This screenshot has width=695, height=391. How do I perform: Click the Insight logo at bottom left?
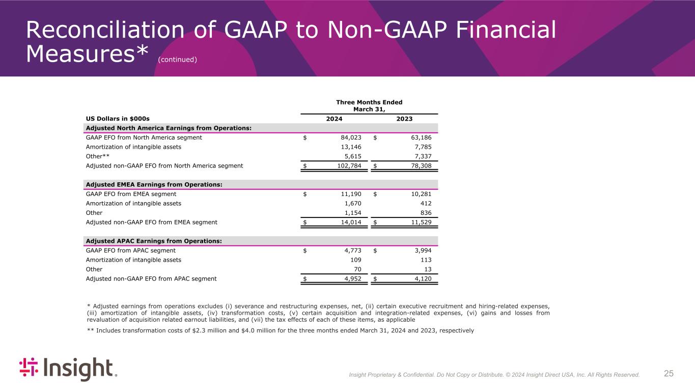tap(68, 369)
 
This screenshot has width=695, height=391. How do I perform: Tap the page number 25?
tap(669, 374)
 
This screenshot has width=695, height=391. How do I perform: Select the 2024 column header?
tap(334, 119)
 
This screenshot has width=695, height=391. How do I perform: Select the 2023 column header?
tap(404, 119)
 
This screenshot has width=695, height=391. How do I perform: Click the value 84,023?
tap(351, 137)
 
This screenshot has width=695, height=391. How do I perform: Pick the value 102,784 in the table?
tap(349, 165)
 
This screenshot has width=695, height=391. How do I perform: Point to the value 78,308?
tap(421, 165)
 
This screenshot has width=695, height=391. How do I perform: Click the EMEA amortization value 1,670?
tap(352, 203)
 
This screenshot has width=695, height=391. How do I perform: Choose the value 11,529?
tap(421, 222)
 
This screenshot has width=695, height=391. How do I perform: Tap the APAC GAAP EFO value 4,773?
tap(352, 250)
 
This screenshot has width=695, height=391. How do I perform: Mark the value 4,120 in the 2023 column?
tap(423, 278)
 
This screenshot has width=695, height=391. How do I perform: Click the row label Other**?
tap(98, 156)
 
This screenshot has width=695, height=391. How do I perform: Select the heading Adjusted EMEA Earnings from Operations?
tap(154, 184)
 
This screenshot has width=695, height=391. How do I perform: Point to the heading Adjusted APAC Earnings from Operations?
tap(154, 241)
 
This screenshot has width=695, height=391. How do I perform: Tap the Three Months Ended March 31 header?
tap(369, 105)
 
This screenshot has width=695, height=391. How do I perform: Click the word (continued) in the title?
tap(177, 60)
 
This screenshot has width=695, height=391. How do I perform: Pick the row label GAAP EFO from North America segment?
tap(144, 137)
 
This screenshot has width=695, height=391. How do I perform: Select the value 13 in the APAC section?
tap(428, 269)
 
